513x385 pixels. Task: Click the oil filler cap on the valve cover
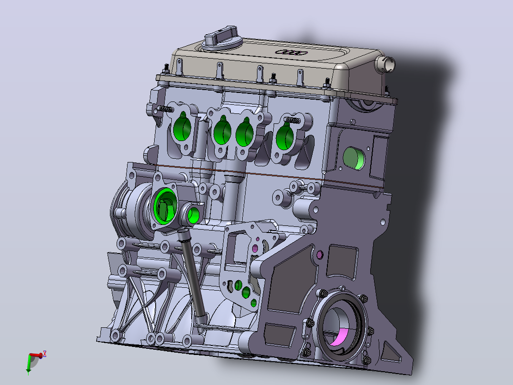click(222, 39)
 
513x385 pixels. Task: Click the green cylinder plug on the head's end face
click(354, 158)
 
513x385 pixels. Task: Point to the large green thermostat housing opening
click(165, 206)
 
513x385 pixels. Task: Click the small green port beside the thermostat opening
click(193, 214)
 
